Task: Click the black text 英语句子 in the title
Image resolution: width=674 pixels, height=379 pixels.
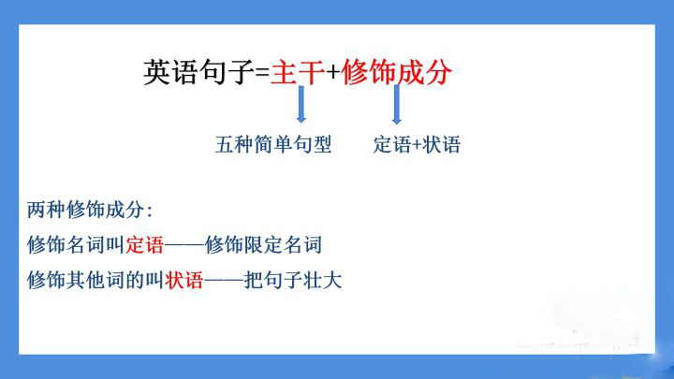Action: tap(198, 72)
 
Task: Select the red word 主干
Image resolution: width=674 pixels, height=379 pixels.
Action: tap(298, 72)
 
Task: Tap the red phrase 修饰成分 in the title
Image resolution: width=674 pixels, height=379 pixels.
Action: tap(396, 72)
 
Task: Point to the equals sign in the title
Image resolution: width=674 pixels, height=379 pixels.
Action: tap(262, 72)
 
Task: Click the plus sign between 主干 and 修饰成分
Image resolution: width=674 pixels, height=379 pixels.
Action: tap(332, 72)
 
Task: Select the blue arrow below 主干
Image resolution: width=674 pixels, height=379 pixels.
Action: tap(300, 104)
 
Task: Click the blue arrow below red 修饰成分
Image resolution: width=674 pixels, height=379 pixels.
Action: tap(397, 105)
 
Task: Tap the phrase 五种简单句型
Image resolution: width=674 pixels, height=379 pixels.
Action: tap(273, 144)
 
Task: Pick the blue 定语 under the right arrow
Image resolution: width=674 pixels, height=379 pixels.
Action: tap(392, 144)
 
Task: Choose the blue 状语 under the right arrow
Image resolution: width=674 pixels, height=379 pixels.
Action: tap(442, 144)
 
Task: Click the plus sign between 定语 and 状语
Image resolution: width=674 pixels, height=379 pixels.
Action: tap(417, 145)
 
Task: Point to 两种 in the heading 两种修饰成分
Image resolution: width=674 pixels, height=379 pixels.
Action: tap(46, 211)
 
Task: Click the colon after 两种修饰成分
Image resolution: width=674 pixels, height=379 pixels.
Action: tap(150, 211)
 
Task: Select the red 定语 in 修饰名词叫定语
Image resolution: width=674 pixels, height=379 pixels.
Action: tap(145, 245)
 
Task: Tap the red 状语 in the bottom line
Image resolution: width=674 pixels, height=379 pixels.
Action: tap(184, 281)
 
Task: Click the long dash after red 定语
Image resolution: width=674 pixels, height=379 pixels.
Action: tap(184, 246)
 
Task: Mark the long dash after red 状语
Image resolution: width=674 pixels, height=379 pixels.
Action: tap(224, 281)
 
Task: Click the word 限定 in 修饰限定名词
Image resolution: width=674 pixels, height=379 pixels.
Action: tap(263, 245)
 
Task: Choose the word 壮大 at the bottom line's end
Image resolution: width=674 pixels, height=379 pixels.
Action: tap(322, 281)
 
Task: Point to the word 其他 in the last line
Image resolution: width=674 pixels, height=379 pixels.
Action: tap(85, 281)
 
